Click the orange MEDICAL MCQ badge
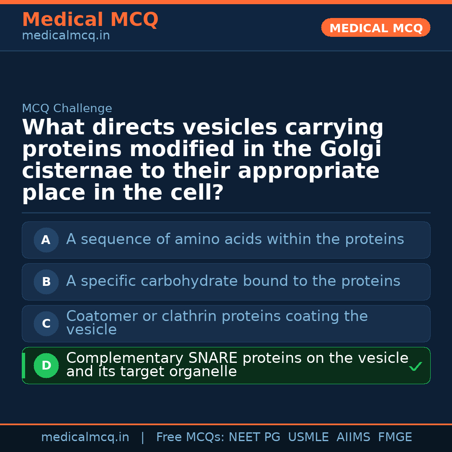[x=375, y=28]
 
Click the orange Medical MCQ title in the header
[x=90, y=19]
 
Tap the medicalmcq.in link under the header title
[x=66, y=36]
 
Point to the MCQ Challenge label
[x=67, y=108]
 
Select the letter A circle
[x=46, y=240]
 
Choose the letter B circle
[x=46, y=282]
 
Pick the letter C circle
[x=46, y=324]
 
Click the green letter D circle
[x=46, y=365]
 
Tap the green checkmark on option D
[x=415, y=367]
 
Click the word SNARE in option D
[x=213, y=358]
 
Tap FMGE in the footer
[x=395, y=437]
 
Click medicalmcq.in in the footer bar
[x=85, y=437]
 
